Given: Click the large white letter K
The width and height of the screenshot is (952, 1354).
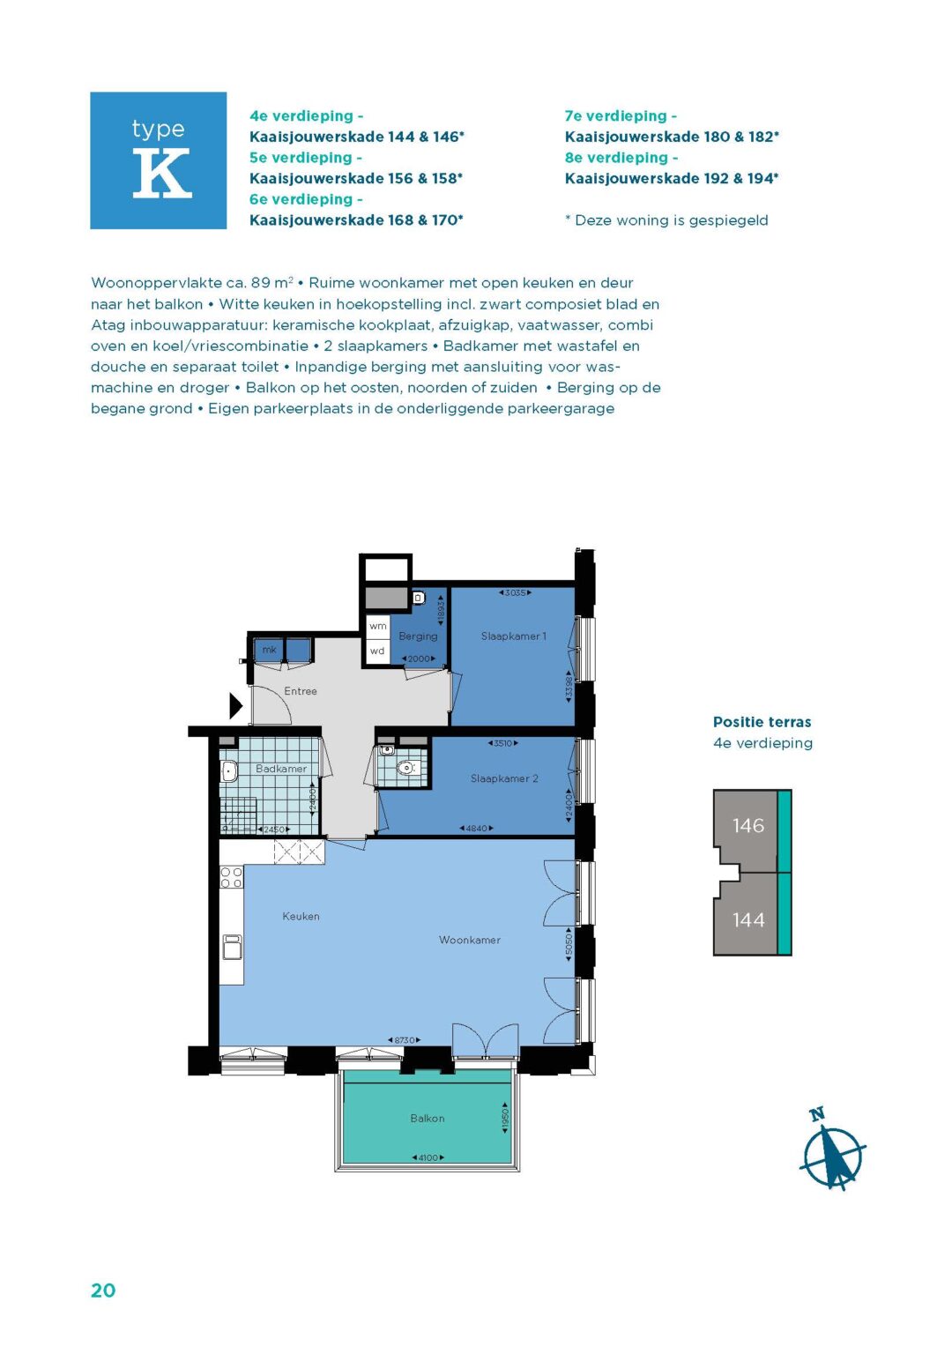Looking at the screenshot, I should coord(161,173).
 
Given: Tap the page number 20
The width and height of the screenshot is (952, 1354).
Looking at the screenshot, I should coord(103,1291).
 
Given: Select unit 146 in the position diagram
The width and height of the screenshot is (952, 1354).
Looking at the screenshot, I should coord(747,826).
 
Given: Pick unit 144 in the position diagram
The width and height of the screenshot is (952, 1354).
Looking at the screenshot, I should coord(747,920).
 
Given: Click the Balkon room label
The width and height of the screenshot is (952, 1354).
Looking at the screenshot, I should coord(428,1119).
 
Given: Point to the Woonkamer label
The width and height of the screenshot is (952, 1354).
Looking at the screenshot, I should coord(470,941).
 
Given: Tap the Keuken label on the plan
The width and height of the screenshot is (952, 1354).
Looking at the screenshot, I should coord(301,917).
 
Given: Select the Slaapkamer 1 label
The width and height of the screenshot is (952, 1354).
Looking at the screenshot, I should coord(513,636).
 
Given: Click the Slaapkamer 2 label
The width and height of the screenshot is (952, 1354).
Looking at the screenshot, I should coord(504,779).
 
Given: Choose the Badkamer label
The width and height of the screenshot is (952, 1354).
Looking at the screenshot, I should coord(281,769).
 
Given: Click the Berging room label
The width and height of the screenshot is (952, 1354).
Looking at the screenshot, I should coord(418,636).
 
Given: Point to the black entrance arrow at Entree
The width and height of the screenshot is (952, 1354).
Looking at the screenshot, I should coord(235,706).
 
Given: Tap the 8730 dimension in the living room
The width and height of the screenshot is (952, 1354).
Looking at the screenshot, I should coord(404,1041).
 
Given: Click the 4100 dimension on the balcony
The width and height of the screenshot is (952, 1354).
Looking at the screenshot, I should coord(428,1157).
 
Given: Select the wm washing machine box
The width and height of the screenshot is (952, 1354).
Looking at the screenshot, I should coord(378,626).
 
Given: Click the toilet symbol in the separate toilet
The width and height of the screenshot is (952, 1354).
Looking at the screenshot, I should coord(405,768).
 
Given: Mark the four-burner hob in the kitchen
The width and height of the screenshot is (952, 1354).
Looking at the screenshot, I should coord(231,877).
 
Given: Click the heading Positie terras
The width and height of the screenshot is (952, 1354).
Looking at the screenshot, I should coord(762,722).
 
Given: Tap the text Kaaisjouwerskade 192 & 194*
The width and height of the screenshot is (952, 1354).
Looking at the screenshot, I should coord(672,179).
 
